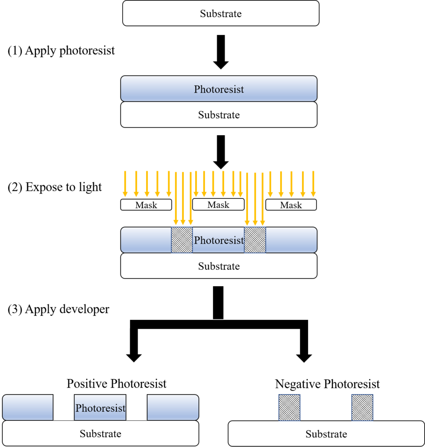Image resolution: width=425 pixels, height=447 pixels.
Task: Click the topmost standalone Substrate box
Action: (220, 13)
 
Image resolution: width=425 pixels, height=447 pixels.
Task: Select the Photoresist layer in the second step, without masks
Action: (219, 89)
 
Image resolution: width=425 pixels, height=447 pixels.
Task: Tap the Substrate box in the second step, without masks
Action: (219, 115)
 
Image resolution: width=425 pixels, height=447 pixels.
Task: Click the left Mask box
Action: (146, 205)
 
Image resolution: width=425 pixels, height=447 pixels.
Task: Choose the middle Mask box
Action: (218, 204)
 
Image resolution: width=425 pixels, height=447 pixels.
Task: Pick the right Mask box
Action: (291, 205)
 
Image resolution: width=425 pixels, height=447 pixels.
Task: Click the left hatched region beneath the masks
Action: (182, 240)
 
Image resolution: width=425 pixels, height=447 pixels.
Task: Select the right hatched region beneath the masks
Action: (255, 240)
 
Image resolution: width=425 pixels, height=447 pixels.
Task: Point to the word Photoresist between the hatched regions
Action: (219, 241)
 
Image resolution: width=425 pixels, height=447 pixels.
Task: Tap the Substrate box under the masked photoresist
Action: (219, 266)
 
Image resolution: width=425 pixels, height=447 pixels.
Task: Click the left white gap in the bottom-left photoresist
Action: (64, 407)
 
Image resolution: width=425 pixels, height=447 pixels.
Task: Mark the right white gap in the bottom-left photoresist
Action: (136, 407)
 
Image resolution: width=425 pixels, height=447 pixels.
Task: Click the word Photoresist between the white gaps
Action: (100, 408)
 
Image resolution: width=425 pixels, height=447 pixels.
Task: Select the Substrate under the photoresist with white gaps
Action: (100, 433)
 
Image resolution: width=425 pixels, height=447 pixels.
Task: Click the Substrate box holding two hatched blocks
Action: (326, 434)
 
